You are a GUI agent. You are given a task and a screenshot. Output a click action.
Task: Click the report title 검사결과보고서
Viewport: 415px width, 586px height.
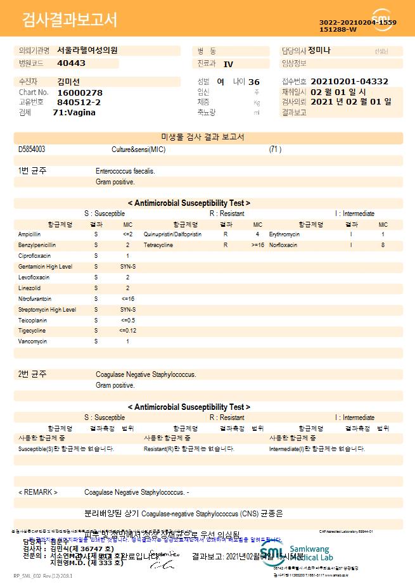(x=70, y=20)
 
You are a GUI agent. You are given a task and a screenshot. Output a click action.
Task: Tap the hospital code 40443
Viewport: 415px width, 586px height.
(x=71, y=63)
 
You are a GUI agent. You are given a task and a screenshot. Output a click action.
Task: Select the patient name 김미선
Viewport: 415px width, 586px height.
(x=68, y=82)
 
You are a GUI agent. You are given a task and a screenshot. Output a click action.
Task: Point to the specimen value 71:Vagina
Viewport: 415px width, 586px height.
(x=74, y=112)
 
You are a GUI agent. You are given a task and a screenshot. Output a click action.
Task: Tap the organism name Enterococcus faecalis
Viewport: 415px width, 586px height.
(x=125, y=171)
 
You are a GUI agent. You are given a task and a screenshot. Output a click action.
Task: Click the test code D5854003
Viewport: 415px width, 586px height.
(x=32, y=150)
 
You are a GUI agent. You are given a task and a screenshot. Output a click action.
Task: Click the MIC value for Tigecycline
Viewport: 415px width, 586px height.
(x=127, y=331)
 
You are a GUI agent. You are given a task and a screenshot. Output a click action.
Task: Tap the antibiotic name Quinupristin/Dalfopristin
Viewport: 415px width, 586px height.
(x=172, y=234)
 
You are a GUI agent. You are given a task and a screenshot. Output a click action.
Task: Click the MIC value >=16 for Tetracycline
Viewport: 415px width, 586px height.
(x=258, y=245)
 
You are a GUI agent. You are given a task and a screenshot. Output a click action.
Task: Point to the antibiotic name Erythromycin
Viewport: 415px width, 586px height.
(x=284, y=234)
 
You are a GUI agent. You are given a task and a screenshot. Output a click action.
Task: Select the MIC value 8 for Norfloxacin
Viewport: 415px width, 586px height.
(x=383, y=245)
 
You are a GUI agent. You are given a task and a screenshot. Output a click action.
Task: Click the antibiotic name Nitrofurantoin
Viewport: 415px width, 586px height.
(x=35, y=298)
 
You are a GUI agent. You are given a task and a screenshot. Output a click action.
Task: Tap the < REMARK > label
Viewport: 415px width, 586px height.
(x=38, y=492)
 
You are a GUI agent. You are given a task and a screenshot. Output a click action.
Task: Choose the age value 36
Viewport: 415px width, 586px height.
(x=254, y=82)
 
